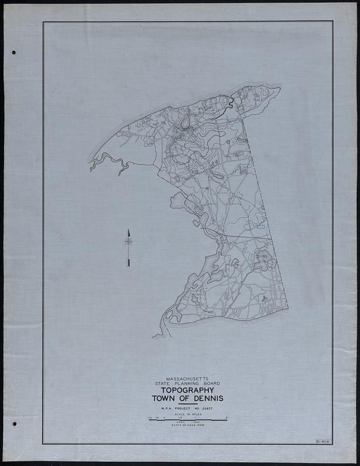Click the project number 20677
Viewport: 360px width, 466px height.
coord(204,410)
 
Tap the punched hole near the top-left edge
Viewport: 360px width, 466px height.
coord(13,52)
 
